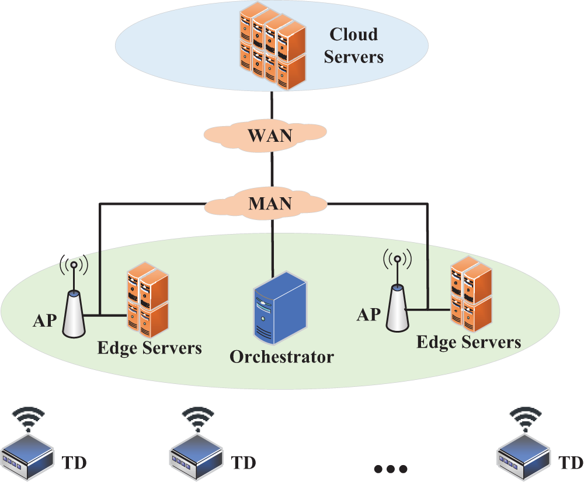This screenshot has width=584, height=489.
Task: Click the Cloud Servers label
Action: click(x=353, y=46)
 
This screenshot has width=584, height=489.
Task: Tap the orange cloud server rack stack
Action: click(x=273, y=46)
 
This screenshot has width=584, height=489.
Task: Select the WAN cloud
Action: click(x=265, y=135)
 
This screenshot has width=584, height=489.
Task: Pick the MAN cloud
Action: click(x=265, y=203)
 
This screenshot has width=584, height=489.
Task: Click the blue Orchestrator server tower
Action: click(x=280, y=309)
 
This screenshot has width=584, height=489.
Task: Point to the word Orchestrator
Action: click(x=281, y=357)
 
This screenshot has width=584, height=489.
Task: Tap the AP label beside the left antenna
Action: click(x=45, y=320)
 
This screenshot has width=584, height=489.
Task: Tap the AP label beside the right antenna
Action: click(x=369, y=315)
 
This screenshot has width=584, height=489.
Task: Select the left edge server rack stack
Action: click(x=148, y=300)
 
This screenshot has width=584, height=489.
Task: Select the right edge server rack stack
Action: click(x=471, y=294)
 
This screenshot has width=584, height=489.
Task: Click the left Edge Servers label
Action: click(x=150, y=348)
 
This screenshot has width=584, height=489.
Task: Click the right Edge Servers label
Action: click(x=468, y=342)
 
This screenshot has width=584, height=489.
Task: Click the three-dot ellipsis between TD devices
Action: click(x=390, y=469)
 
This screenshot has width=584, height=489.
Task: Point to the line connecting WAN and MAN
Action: click(x=272, y=170)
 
